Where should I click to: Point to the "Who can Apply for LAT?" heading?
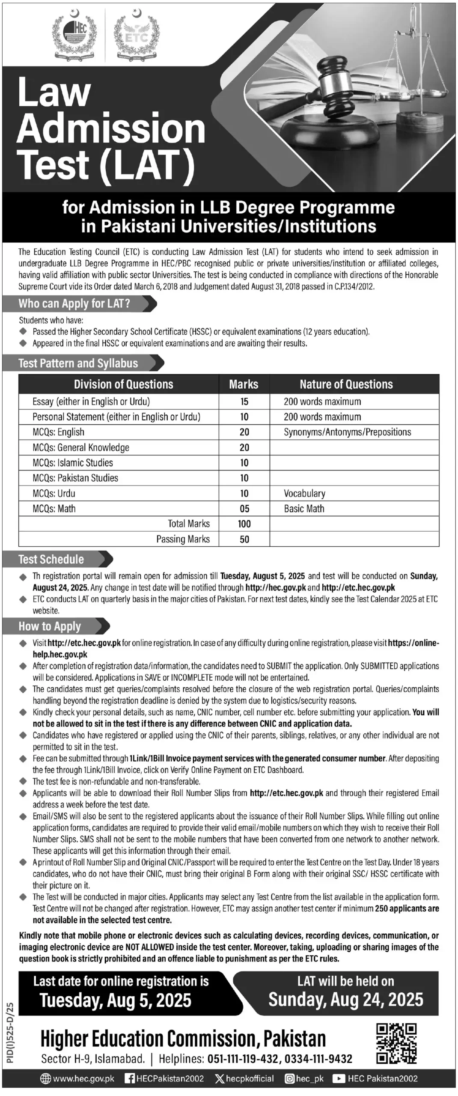74,304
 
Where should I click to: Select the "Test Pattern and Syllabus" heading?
78,363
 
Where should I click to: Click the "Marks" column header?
244,384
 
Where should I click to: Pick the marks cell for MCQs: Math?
244,509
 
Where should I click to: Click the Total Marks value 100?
244,524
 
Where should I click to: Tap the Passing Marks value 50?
244,539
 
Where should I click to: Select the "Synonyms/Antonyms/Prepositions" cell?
347,432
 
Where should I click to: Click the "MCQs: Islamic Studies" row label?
73,463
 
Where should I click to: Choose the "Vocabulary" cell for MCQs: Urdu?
304,493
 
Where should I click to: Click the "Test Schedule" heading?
51,560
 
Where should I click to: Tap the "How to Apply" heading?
50,626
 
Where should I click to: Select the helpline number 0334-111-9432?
318,1059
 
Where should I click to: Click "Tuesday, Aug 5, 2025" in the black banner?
116,1001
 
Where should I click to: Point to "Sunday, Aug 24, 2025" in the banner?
345,1000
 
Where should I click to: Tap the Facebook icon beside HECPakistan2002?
129,1078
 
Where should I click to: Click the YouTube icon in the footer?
339,1078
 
